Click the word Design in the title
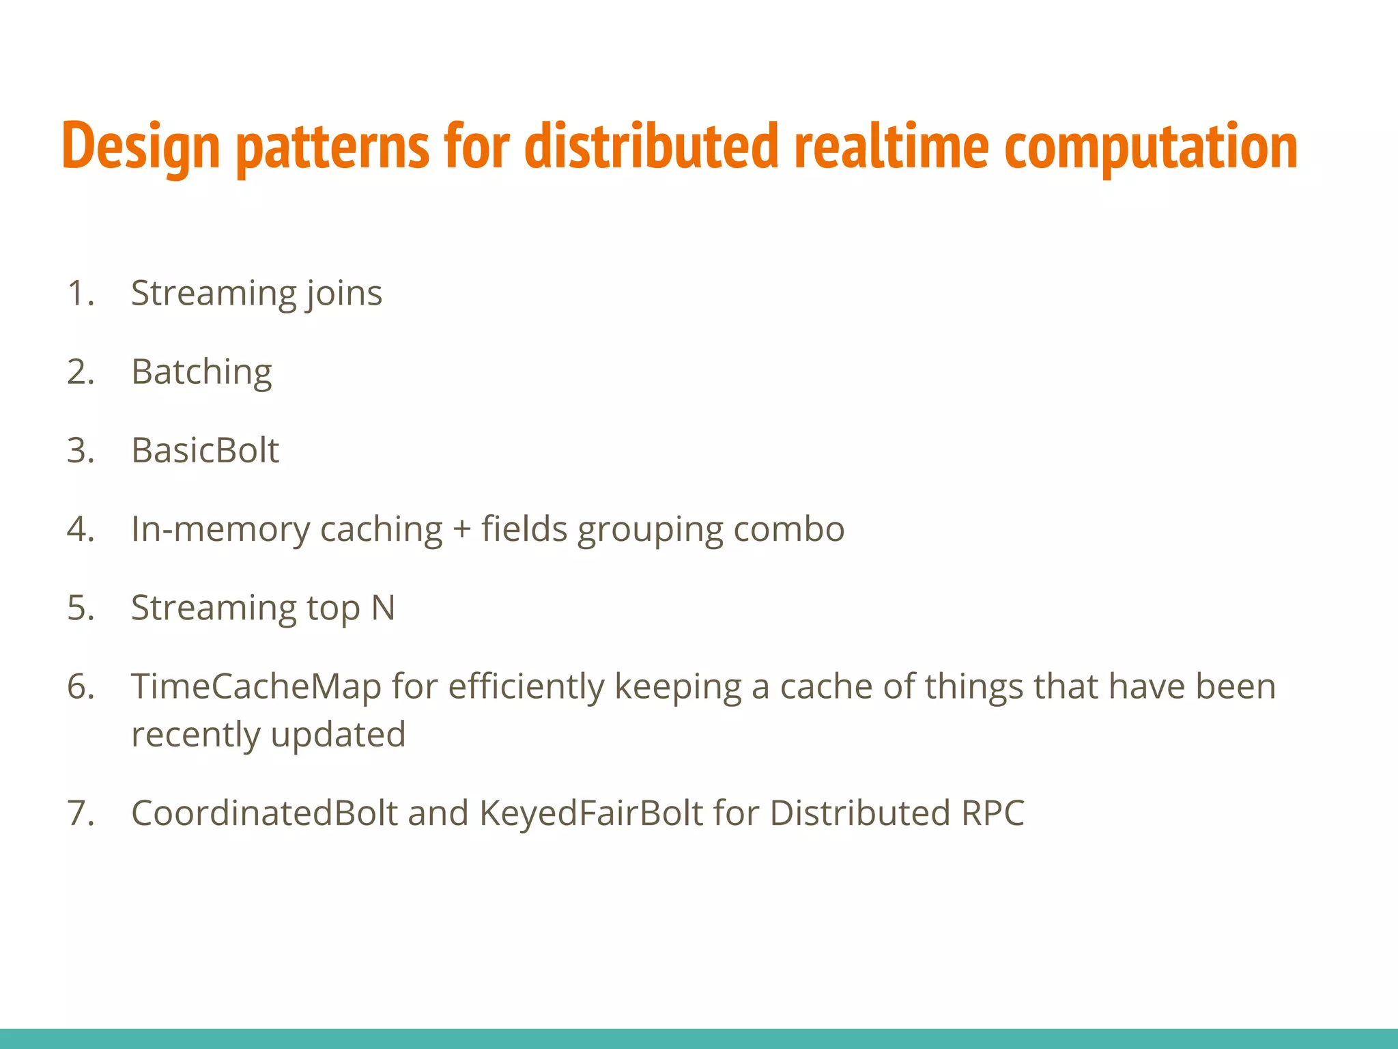pos(141,148)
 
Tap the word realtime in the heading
pos(891,146)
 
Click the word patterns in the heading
pos(332,148)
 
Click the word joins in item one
pos(344,294)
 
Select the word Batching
pos(201,373)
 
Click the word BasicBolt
pos(205,451)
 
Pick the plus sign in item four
pos(462,530)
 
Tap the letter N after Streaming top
pos(383,608)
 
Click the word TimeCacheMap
pos(256,686)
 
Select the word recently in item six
pos(195,735)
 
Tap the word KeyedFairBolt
pos(591,813)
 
